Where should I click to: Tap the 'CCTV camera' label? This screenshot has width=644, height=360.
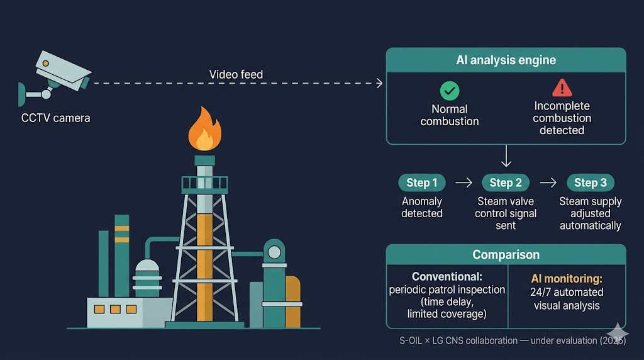click(55, 118)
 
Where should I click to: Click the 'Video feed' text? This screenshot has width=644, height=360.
click(236, 74)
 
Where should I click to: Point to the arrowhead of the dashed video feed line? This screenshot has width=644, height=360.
click(380, 83)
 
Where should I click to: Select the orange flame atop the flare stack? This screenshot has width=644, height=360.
click(204, 129)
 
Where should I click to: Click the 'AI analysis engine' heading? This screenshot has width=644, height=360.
click(506, 60)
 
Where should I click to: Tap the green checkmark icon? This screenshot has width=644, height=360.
click(450, 91)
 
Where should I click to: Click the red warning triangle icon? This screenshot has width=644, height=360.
click(562, 87)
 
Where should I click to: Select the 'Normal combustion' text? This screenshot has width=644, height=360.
click(449, 115)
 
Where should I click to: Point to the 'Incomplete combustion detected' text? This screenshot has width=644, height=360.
click(562, 118)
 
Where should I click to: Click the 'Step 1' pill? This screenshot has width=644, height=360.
click(422, 183)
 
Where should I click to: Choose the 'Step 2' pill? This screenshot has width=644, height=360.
click(506, 183)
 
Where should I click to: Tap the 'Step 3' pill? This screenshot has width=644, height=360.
click(590, 183)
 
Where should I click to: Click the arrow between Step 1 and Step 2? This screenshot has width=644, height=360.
click(464, 183)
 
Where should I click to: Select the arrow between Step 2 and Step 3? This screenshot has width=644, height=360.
click(548, 183)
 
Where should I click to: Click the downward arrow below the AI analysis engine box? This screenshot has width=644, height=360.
click(506, 155)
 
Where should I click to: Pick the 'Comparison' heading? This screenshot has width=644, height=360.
click(506, 255)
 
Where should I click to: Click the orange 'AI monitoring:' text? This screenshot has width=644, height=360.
click(567, 279)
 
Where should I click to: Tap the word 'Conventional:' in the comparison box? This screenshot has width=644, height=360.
click(447, 276)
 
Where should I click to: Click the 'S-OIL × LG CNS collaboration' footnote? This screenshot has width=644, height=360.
click(458, 340)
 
